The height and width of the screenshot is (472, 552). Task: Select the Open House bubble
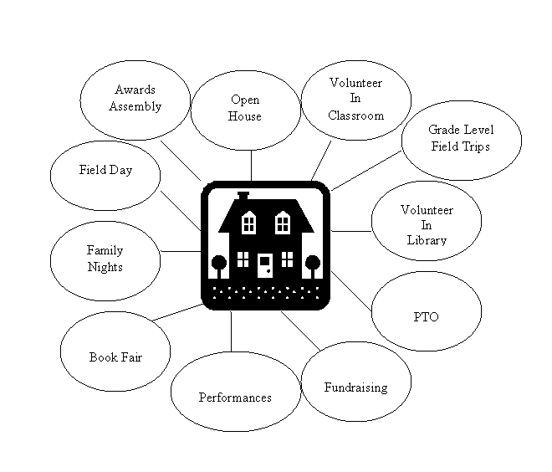pos(244,109)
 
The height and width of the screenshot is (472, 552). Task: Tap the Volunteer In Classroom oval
pos(356,100)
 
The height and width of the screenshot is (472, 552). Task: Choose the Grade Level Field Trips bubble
pos(461,139)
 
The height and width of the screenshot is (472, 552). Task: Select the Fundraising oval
pos(355,387)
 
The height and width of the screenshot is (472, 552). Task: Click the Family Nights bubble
pos(105,259)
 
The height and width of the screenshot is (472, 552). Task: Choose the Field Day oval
pos(105,170)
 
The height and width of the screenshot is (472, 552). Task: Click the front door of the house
pos(264,264)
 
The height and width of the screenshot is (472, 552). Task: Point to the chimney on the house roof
pos(243,196)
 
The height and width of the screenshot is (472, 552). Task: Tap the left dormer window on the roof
pos(248,223)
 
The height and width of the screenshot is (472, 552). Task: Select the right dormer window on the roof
pos(283,223)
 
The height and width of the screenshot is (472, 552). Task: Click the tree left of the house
pos(218,264)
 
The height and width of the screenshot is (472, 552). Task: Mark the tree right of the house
pos(312,264)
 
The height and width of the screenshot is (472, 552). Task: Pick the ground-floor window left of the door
pos(243,259)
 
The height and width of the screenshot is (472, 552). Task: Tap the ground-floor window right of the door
pos(287,259)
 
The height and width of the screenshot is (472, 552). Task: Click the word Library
pos(427,240)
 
